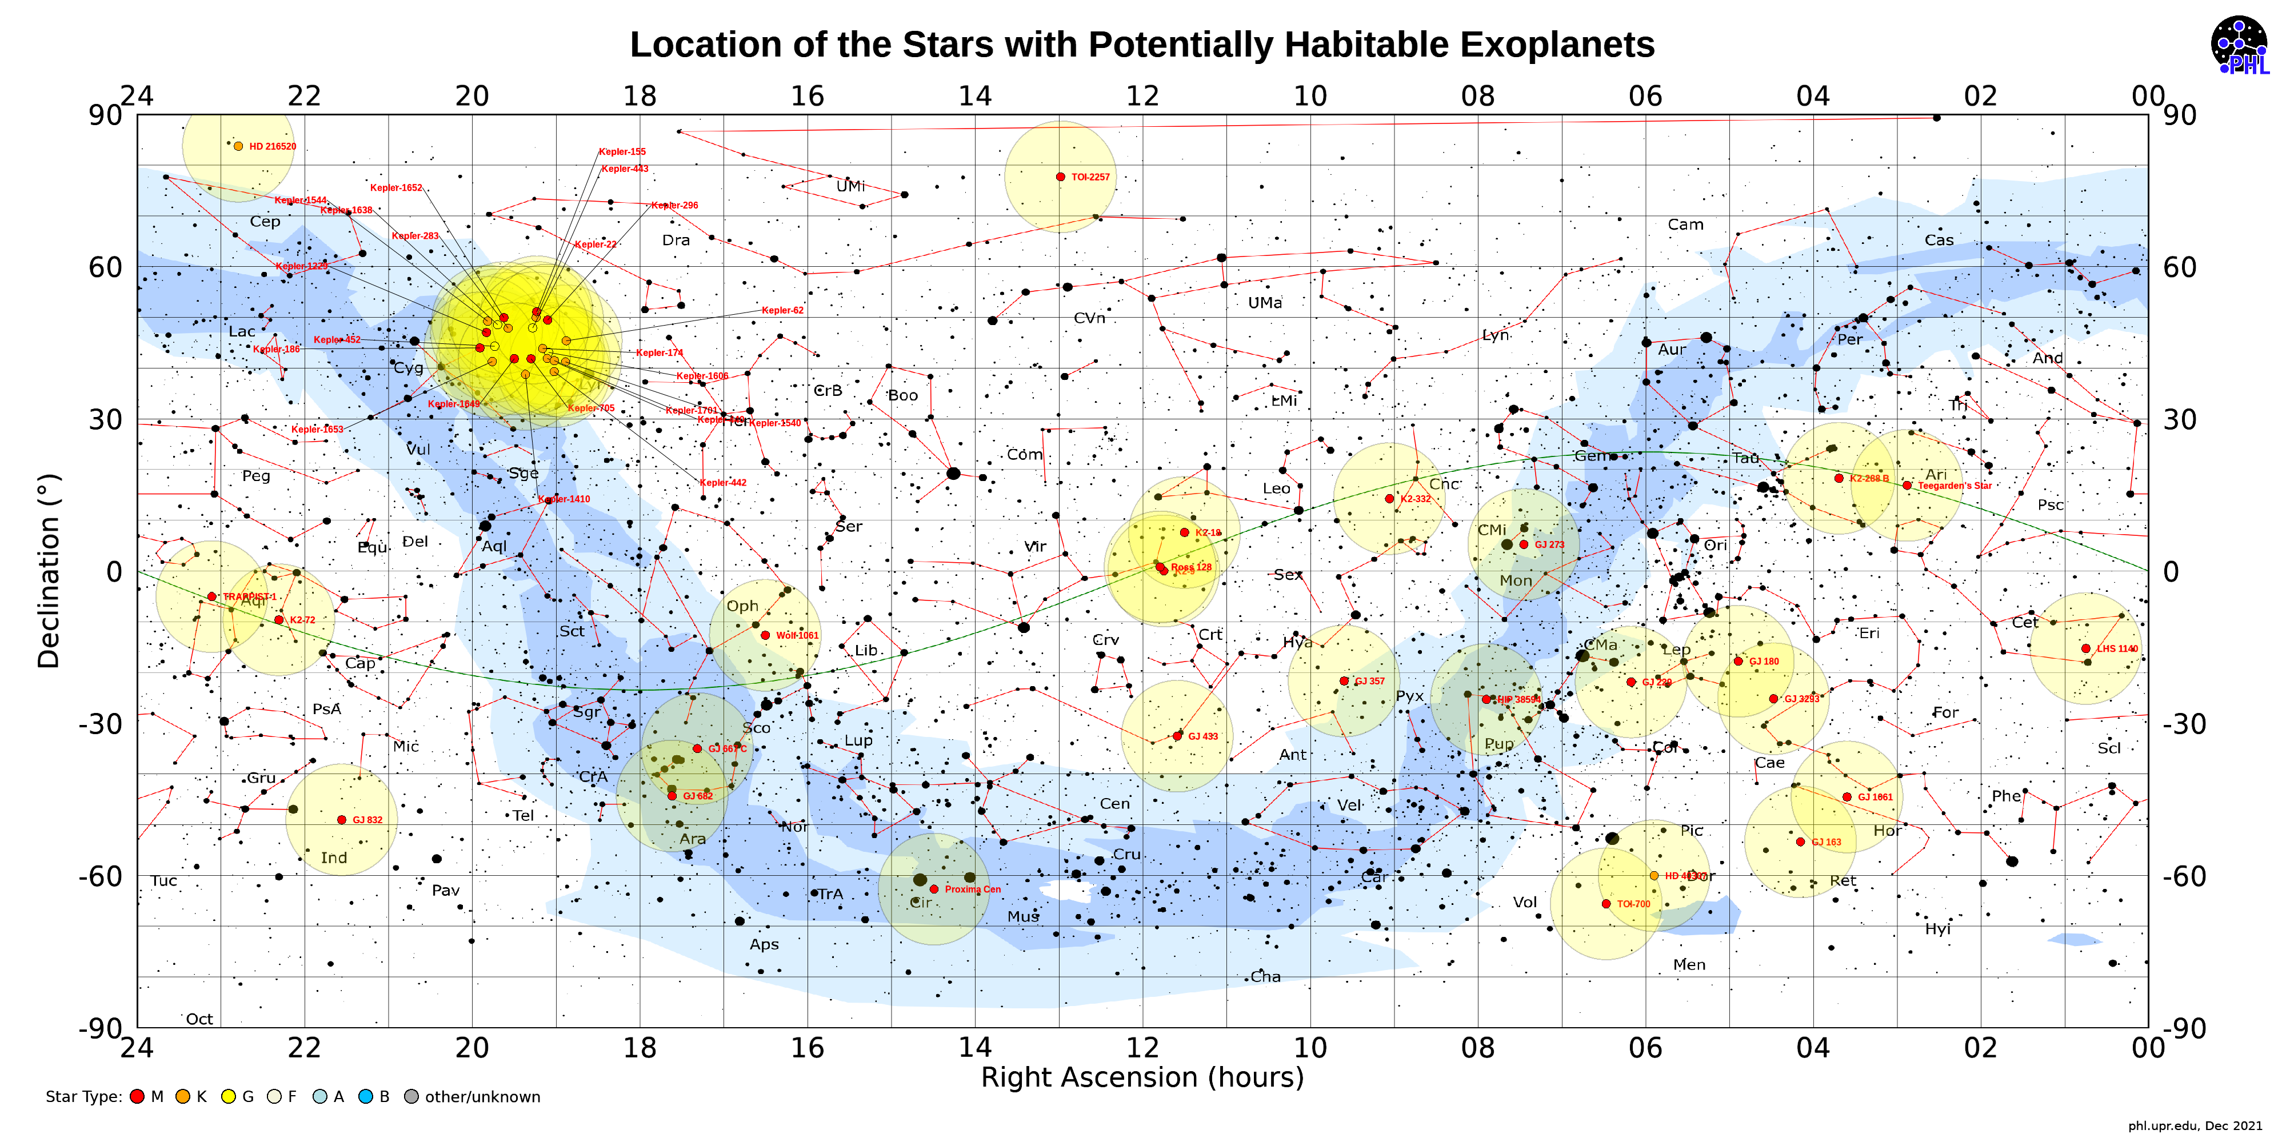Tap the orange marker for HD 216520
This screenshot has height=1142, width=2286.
click(x=238, y=146)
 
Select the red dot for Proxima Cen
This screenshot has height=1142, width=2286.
click(x=934, y=888)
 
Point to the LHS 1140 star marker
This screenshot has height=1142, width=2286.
click(x=2085, y=648)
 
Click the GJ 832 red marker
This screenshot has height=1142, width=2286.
click(x=342, y=819)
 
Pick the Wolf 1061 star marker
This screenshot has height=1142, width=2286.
click(x=765, y=635)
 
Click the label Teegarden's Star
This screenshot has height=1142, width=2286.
click(x=1954, y=486)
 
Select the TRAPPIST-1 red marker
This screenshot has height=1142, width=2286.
click(x=211, y=596)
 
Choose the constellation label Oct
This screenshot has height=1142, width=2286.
click(x=199, y=1019)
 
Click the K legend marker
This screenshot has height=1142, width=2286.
click(x=183, y=1097)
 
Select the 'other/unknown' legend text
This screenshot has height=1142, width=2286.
click(x=482, y=1097)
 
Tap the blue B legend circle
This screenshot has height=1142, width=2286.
click(x=366, y=1097)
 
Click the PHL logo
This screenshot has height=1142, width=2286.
click(x=2238, y=45)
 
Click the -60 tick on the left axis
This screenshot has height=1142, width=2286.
click(x=99, y=876)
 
